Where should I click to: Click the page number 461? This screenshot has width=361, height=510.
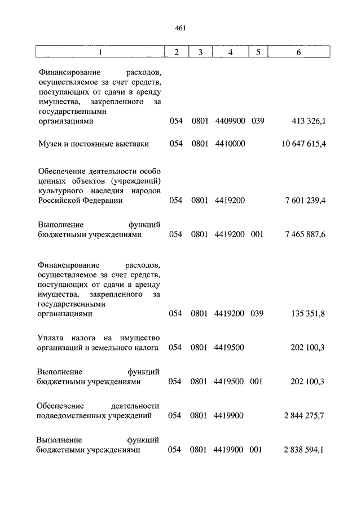click(180, 28)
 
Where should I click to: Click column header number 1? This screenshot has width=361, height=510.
click(100, 53)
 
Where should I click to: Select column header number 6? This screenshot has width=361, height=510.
click(298, 53)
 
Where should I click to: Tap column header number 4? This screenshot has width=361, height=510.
click(230, 53)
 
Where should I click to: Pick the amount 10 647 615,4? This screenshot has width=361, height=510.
click(304, 144)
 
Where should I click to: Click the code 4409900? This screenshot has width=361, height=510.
click(230, 121)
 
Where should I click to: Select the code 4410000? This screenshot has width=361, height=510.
click(230, 144)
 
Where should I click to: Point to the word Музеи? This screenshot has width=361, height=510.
click(50, 144)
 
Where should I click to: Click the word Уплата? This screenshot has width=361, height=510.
click(52, 338)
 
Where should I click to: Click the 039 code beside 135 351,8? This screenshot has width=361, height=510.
click(257, 314)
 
